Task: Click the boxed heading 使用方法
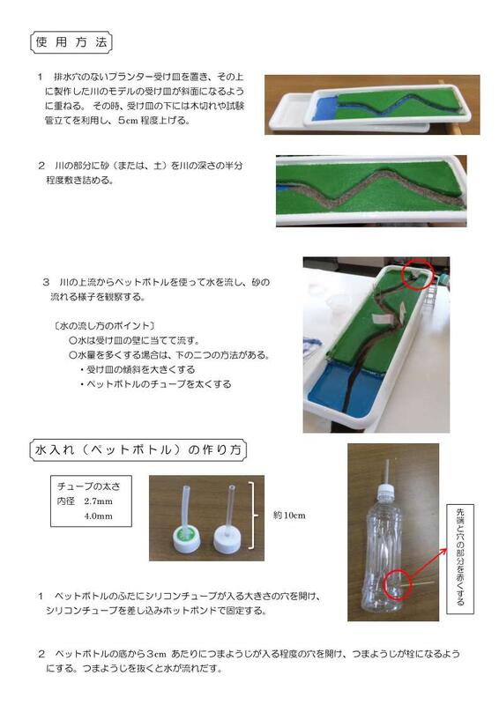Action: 71,41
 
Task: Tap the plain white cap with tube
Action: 227,536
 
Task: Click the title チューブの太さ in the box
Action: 88,486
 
